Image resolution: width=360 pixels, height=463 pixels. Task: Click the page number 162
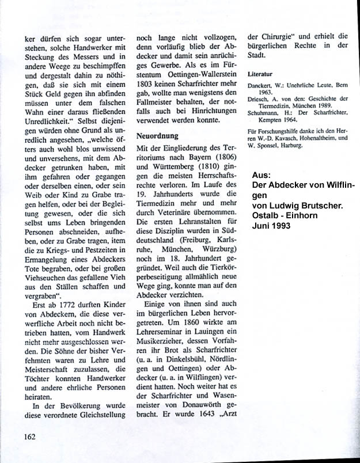coord(31,436)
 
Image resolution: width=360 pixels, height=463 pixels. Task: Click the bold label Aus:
coord(260,175)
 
